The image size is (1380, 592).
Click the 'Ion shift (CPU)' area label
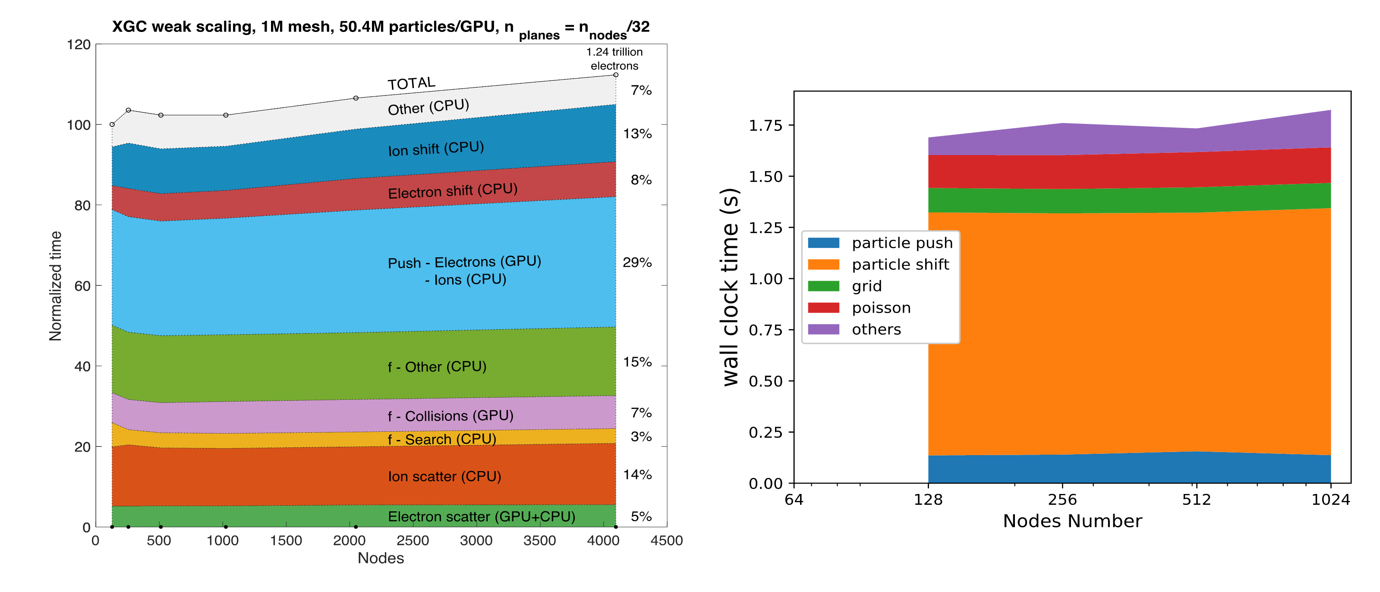tap(435, 149)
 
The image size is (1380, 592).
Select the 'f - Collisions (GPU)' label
tap(450, 415)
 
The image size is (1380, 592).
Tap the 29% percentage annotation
tap(637, 262)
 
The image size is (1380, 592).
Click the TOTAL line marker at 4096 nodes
tap(615, 75)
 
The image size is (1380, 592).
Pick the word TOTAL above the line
tap(411, 83)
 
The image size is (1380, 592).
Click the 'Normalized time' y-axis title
tap(55, 286)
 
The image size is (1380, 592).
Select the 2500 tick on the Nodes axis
tap(413, 541)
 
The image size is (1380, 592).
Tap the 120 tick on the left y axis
tap(78, 44)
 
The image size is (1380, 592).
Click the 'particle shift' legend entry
tap(900, 264)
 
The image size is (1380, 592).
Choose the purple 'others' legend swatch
tap(823, 329)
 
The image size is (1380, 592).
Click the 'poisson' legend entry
tap(881, 308)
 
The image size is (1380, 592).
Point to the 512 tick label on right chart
tap(1196, 500)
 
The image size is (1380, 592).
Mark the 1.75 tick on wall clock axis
tap(765, 126)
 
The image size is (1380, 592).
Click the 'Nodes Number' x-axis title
tap(1072, 521)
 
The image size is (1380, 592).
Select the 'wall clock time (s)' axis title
tap(731, 287)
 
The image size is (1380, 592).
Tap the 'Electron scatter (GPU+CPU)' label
tap(481, 516)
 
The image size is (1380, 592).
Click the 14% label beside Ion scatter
tap(637, 475)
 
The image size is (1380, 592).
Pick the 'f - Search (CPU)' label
tap(441, 439)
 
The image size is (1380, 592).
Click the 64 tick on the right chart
tap(794, 500)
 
